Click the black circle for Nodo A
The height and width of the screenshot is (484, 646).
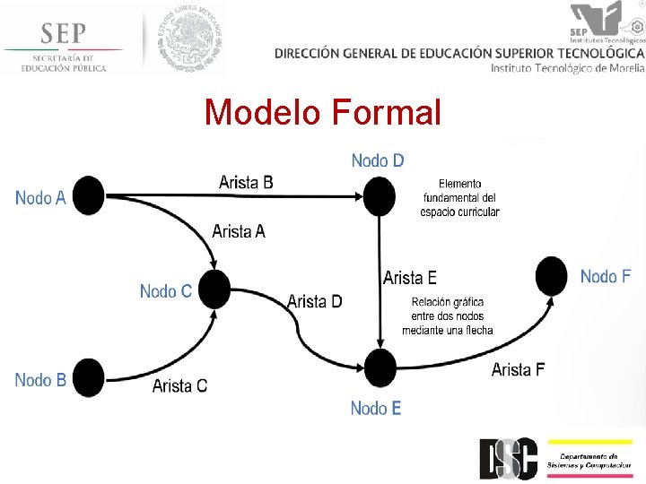click(x=89, y=195)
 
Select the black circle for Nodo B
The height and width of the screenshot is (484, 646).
click(x=88, y=377)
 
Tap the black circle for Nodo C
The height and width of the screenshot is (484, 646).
click(x=214, y=290)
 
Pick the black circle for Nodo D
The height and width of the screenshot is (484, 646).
click(x=379, y=195)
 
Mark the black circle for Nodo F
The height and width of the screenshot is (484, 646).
click(x=552, y=276)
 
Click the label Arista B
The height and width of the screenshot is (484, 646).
click(x=246, y=182)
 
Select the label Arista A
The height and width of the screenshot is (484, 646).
click(x=239, y=231)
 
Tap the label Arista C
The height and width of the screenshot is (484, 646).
click(x=179, y=385)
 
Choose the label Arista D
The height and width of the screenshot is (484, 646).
click(x=314, y=301)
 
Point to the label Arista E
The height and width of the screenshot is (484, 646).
click(x=410, y=278)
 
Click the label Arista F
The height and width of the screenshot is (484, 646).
click(x=518, y=369)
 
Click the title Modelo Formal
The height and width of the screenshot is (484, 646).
click(x=323, y=113)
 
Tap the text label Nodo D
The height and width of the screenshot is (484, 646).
click(x=378, y=160)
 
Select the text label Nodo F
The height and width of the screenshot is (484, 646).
click(x=605, y=276)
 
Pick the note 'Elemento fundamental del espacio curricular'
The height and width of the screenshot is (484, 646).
click(x=459, y=197)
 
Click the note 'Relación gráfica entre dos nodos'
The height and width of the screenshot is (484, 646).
click(x=447, y=315)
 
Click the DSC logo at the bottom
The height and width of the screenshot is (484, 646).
click(x=508, y=458)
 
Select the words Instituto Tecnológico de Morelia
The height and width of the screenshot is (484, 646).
click(x=567, y=68)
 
